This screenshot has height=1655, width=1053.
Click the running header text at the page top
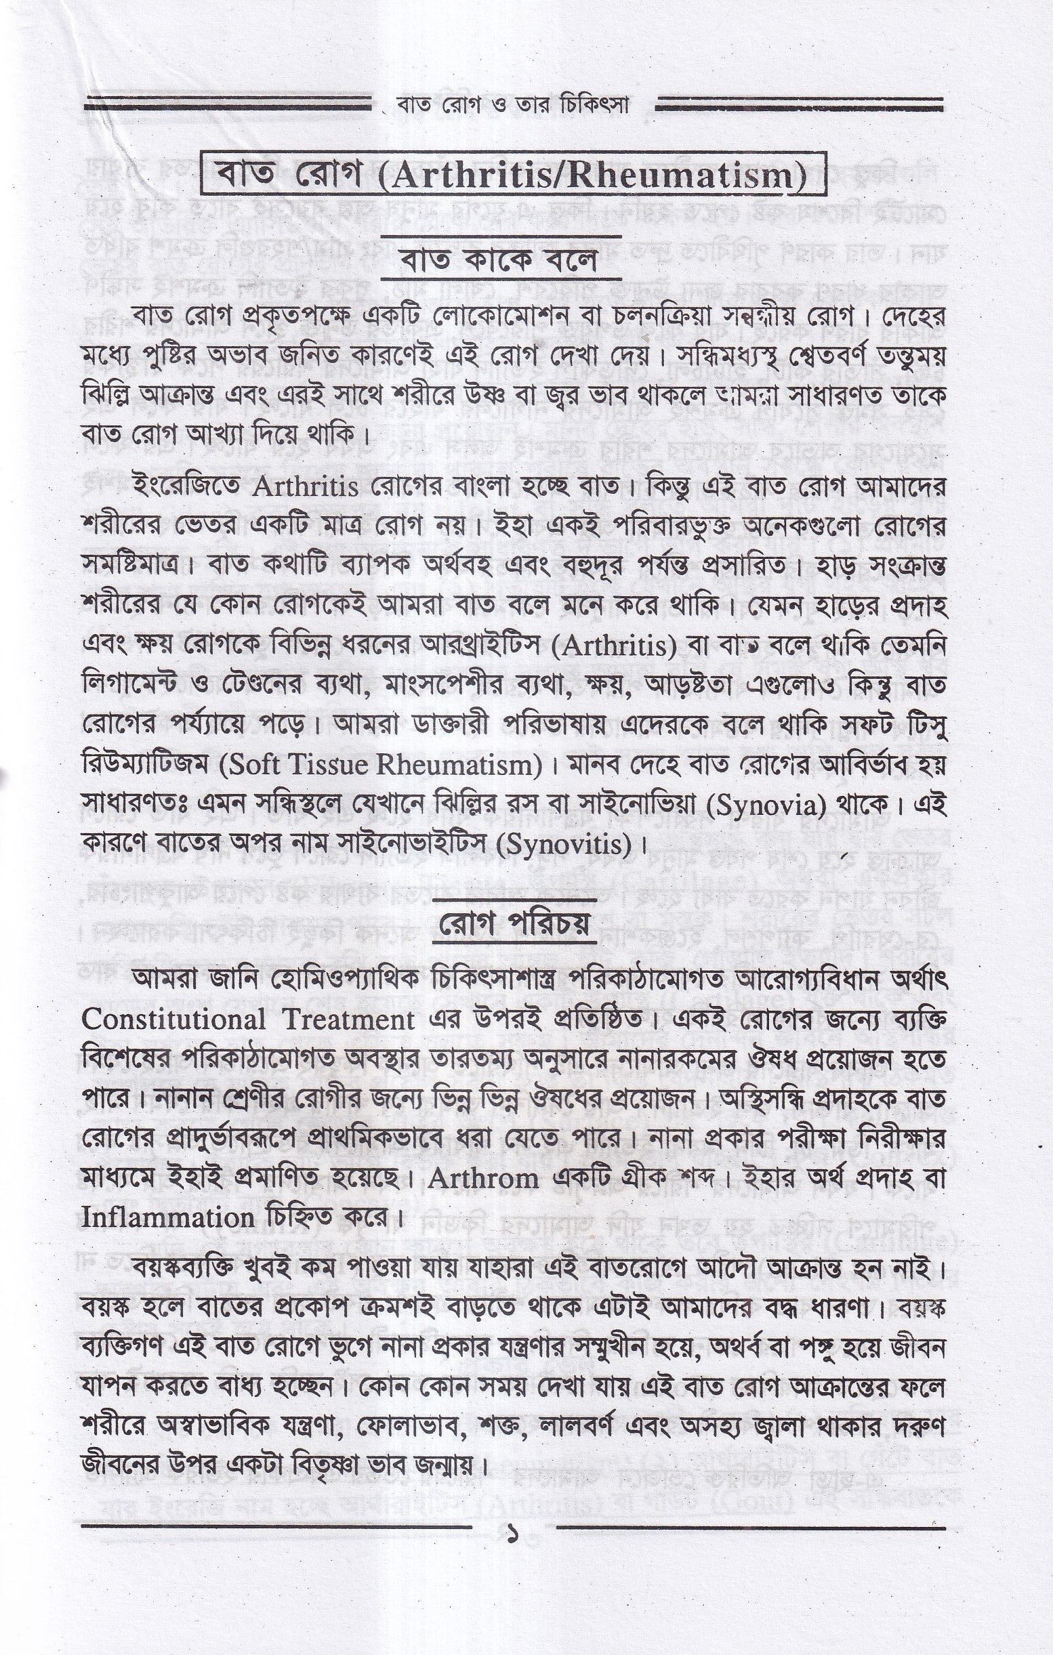(x=514, y=106)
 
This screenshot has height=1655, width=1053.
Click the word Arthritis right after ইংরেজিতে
(x=306, y=486)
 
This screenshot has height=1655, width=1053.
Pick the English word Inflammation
(x=169, y=1219)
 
